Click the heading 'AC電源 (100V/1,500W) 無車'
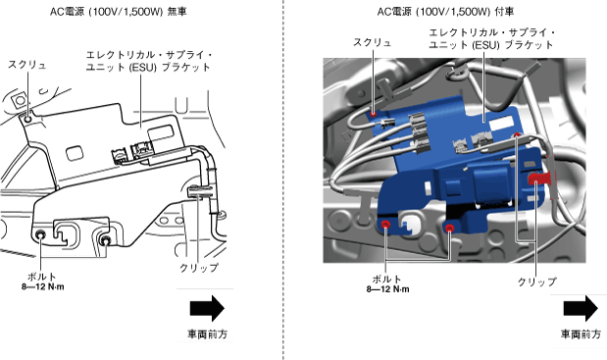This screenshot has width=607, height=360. click(x=118, y=12)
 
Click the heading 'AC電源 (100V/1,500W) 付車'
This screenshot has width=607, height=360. click(x=445, y=12)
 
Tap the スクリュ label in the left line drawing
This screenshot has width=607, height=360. click(x=27, y=65)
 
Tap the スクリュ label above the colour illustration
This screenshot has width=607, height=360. click(x=372, y=42)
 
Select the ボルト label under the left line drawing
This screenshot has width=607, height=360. click(x=42, y=277)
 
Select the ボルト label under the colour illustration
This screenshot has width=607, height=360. click(x=386, y=280)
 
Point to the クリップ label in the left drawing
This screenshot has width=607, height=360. click(x=199, y=268)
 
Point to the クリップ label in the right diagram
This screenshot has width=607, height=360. click(x=537, y=282)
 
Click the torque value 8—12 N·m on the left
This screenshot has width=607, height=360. click(x=43, y=287)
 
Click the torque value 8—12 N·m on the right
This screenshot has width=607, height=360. click(x=388, y=289)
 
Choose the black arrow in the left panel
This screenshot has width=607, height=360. click(x=207, y=308)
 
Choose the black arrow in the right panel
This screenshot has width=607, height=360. click(x=581, y=308)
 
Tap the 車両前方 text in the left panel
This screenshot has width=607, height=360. click(x=208, y=334)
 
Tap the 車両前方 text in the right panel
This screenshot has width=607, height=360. click(x=582, y=334)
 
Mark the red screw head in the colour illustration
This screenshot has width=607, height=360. click(x=374, y=114)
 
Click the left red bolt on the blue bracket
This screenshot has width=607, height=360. click(x=385, y=225)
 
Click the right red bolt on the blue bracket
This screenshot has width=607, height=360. click(x=449, y=228)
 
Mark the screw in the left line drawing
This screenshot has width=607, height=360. click(x=27, y=119)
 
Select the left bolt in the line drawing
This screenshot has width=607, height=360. click(x=40, y=235)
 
